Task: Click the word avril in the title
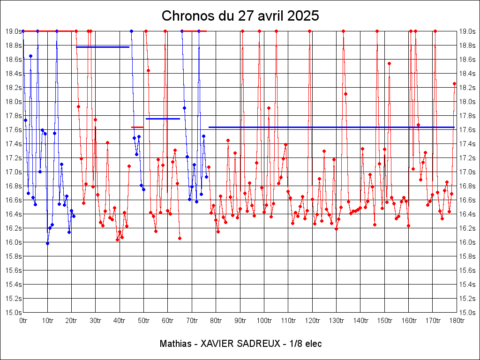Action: click(x=264, y=16)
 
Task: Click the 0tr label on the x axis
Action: click(x=23, y=321)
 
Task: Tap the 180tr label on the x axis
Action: click(x=457, y=321)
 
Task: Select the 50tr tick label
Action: click(x=143, y=321)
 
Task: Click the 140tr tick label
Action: click(x=360, y=321)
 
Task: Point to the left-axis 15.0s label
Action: click(x=13, y=313)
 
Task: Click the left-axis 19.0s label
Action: click(x=13, y=31)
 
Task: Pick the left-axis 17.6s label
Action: click(x=13, y=130)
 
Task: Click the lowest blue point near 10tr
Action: click(x=47, y=243)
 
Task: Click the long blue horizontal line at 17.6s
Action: click(x=328, y=127)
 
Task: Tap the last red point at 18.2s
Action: click(x=454, y=83)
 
